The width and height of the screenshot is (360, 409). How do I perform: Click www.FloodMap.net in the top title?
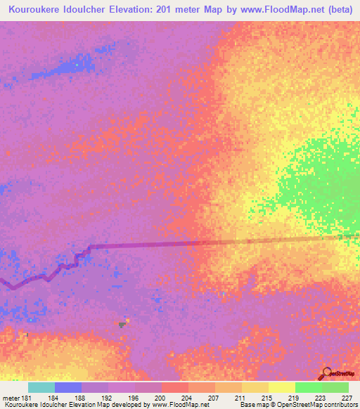pos(276,8)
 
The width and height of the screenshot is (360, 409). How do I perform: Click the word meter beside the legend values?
pos(11,398)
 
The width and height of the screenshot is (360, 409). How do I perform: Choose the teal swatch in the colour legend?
pos(41,387)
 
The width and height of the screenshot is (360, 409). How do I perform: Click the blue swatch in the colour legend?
pos(68,387)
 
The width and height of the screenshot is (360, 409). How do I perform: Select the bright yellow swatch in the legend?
pos(282,387)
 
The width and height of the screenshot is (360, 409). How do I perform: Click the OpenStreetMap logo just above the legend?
pos(335,373)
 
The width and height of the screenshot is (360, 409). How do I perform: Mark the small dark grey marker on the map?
pos(122,325)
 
